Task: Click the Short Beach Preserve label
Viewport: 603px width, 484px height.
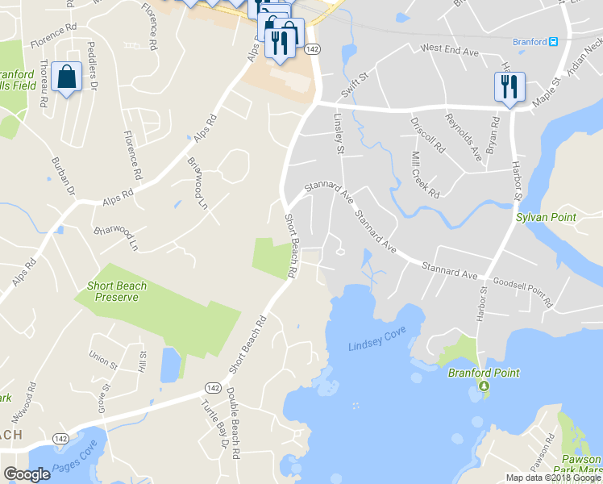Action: pyautogui.click(x=113, y=291)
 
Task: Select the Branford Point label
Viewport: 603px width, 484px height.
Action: pyautogui.click(x=484, y=373)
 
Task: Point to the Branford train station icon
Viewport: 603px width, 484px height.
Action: pyautogui.click(x=553, y=42)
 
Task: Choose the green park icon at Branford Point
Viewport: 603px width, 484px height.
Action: pyautogui.click(x=484, y=387)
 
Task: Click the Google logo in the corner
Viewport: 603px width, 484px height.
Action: pyautogui.click(x=27, y=474)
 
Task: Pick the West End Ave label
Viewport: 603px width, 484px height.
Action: pyautogui.click(x=449, y=49)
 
